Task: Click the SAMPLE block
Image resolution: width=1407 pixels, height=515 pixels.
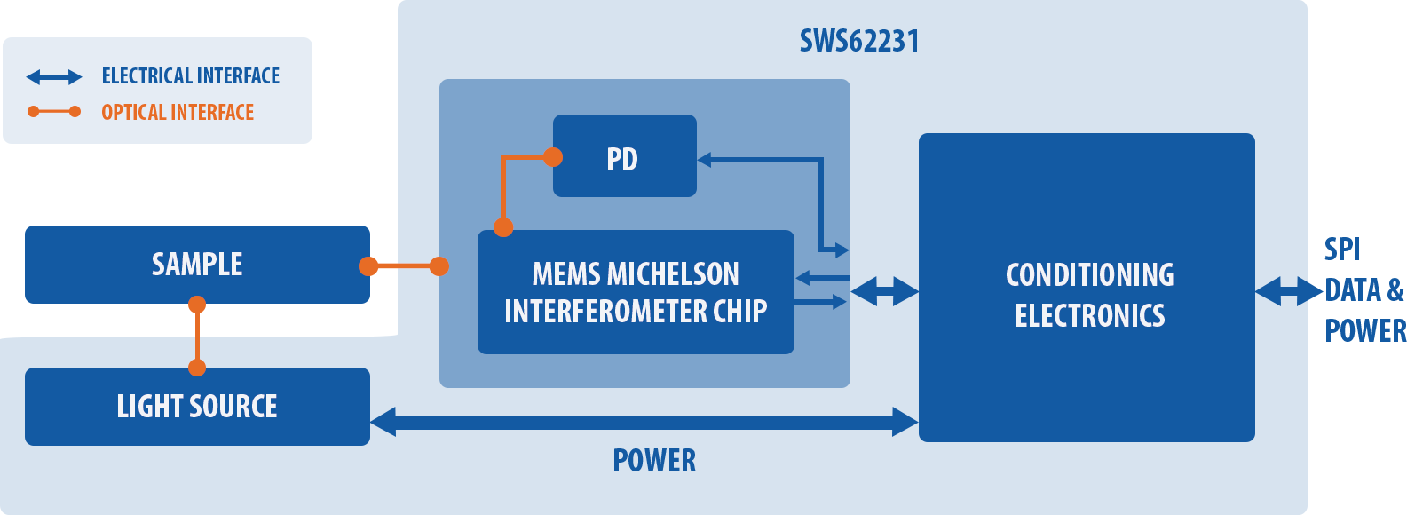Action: point(197,265)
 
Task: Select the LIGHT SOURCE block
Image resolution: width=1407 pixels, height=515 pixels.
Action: point(197,407)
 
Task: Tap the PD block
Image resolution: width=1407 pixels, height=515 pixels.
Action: point(624,155)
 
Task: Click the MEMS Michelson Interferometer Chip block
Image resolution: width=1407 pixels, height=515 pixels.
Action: point(636,292)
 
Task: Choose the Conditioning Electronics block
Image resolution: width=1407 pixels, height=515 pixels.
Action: point(1087,288)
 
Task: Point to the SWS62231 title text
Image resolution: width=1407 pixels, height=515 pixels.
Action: point(859,42)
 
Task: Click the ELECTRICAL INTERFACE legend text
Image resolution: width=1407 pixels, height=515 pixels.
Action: point(191,76)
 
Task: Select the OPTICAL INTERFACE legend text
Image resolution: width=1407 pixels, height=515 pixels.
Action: point(178,113)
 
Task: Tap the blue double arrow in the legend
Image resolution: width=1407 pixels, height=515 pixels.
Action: point(54,77)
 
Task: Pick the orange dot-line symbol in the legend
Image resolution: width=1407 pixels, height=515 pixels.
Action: point(54,112)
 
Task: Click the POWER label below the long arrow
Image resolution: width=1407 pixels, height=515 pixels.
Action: point(654,460)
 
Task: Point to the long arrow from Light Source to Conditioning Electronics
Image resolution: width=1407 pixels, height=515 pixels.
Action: point(644,422)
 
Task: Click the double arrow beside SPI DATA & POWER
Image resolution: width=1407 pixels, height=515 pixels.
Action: point(1289,291)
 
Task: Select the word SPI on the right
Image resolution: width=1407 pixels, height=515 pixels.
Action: point(1342,250)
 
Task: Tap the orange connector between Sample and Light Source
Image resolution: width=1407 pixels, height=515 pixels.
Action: point(197,336)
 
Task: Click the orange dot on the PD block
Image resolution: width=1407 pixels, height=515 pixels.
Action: point(552,157)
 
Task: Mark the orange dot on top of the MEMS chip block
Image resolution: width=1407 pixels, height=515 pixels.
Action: point(503,226)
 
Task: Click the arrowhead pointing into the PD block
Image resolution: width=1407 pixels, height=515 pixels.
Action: point(704,160)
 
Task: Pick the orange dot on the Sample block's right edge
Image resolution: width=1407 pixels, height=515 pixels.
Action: point(368,266)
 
